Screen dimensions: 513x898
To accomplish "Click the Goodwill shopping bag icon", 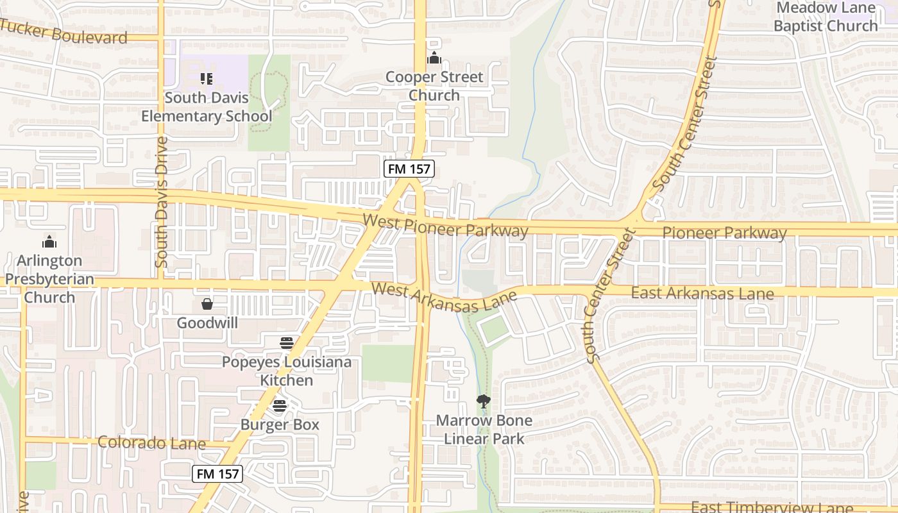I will (207, 303).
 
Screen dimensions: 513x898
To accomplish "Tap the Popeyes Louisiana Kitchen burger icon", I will (287, 343).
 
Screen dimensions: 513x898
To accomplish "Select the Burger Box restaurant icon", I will (279, 405).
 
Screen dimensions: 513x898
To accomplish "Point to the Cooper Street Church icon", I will (434, 58).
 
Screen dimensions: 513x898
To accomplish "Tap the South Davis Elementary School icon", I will (207, 79).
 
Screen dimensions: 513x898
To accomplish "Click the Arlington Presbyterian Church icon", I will (49, 242).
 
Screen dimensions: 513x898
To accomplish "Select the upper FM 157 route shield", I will (409, 169).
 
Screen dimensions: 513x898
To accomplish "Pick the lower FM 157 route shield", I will (217, 474).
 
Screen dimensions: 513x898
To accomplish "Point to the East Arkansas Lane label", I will (702, 293).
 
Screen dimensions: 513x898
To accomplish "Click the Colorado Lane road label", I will (151, 442).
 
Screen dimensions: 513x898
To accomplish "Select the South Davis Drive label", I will (162, 201).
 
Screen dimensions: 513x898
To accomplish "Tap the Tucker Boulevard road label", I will (64, 32).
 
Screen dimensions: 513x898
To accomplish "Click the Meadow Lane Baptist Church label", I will (826, 17).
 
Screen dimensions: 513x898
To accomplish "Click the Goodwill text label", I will (207, 323).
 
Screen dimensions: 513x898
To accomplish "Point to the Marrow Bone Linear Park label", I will (484, 430).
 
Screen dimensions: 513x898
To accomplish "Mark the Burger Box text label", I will (280, 425).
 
